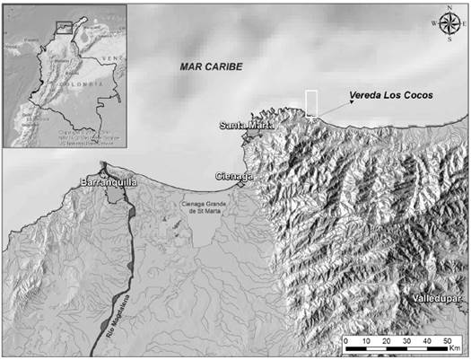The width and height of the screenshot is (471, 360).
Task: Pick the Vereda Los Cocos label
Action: [x=392, y=95]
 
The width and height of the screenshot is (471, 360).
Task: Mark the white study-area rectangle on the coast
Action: [x=311, y=102]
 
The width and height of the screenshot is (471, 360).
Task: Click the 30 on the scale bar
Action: [x=406, y=342]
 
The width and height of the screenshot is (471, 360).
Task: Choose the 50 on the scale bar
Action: [x=447, y=342]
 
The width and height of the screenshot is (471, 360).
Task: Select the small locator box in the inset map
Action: [x=63, y=27]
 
